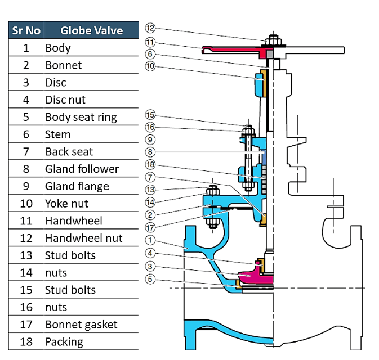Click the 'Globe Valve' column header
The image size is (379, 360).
coord(91,30)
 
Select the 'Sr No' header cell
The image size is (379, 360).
coord(26,30)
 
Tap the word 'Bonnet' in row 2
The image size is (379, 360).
coord(63,65)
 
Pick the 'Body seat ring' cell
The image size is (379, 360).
coord(81,117)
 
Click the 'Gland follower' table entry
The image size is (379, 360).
coord(82,169)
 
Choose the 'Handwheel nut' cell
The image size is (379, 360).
coord(83,238)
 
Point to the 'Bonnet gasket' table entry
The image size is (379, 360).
coord(81,325)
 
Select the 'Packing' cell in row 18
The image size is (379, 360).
coord(64,342)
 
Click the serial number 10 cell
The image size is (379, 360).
coord(26,204)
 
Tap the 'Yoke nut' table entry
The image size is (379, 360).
coord(67,204)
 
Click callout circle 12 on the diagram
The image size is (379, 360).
coord(150,28)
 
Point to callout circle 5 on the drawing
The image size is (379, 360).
coord(150,280)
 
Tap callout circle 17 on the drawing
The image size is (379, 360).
coord(150,227)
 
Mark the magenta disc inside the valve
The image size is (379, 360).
coord(252,276)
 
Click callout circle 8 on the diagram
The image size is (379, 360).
coord(150,151)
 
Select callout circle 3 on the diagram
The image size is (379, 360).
coord(150,267)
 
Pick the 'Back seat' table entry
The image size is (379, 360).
coord(69,152)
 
